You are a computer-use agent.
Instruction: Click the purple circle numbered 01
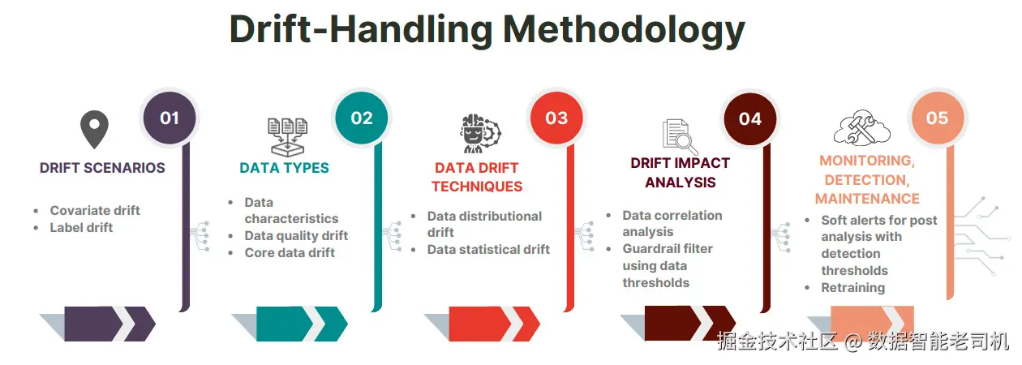pyautogui.click(x=170, y=118)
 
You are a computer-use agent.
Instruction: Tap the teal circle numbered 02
pyautogui.click(x=362, y=118)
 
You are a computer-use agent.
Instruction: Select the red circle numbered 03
pyautogui.click(x=556, y=118)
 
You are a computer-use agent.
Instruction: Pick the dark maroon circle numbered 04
pyautogui.click(x=750, y=119)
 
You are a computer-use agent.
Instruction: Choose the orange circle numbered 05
pyautogui.click(x=938, y=118)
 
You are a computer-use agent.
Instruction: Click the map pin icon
pyautogui.click(x=94, y=130)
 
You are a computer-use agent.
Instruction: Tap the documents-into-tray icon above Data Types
pyautogui.click(x=287, y=137)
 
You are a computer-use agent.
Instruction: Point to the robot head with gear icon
pyautogui.click(x=480, y=134)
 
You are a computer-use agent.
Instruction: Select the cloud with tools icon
pyautogui.click(x=862, y=128)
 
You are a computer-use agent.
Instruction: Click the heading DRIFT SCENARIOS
pyautogui.click(x=102, y=168)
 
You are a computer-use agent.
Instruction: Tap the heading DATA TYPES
pyautogui.click(x=284, y=168)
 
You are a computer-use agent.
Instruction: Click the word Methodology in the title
pyautogui.click(x=625, y=30)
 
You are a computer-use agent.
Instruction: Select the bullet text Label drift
pyautogui.click(x=81, y=228)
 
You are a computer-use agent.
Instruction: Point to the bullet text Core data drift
pyautogui.click(x=290, y=253)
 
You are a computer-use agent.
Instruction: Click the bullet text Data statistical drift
pyautogui.click(x=488, y=250)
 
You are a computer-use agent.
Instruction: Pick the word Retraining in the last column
pyautogui.click(x=853, y=288)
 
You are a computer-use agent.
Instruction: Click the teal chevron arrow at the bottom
pyautogui.click(x=302, y=324)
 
